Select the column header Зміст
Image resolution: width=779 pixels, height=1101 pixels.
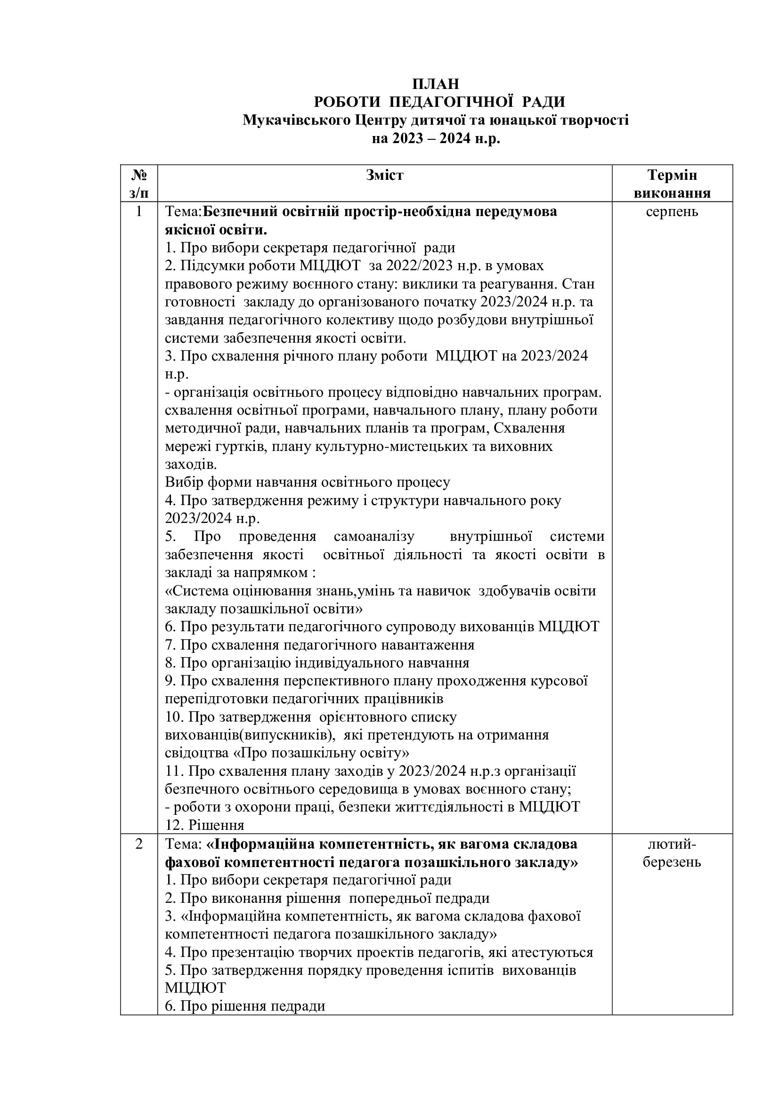(x=385, y=175)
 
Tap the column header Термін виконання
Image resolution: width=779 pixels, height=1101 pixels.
(x=672, y=184)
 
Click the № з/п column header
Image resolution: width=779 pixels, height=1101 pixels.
(x=138, y=184)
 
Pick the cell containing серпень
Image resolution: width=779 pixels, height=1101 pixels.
(x=672, y=211)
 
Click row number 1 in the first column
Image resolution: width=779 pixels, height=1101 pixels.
(x=139, y=211)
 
